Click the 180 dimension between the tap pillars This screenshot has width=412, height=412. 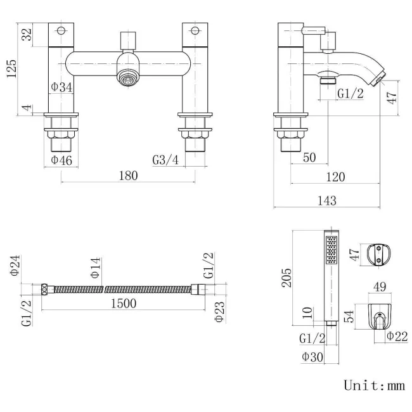tap(128, 176)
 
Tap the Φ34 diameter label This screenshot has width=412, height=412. tap(61, 87)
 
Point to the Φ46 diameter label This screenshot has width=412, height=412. tap(61, 160)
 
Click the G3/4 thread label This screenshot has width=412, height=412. tap(165, 160)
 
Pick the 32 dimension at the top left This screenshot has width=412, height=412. tap(27, 34)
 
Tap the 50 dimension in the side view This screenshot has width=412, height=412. tap(309, 157)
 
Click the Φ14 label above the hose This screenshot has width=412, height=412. tap(95, 269)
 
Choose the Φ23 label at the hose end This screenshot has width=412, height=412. tap(219, 311)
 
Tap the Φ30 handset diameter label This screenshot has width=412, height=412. tap(312, 357)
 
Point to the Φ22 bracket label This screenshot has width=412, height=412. tap(397, 335)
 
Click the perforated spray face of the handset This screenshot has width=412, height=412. tap(330, 251)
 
